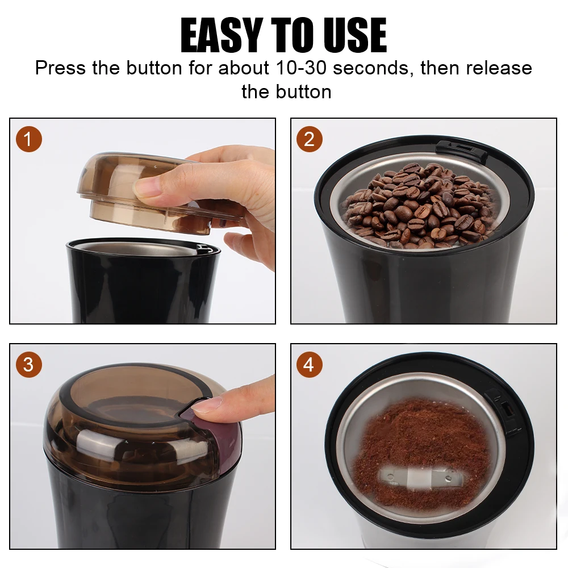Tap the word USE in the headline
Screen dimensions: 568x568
coord(356,35)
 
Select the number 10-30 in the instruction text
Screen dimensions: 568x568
coord(301,68)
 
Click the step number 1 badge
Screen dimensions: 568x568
coord(28,139)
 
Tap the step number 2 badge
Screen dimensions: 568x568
coord(310,139)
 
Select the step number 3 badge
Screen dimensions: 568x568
coord(28,365)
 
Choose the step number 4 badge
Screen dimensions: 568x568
coord(310,365)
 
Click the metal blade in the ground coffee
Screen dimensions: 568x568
coord(421,478)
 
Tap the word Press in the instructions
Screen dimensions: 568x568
coord(61,68)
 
